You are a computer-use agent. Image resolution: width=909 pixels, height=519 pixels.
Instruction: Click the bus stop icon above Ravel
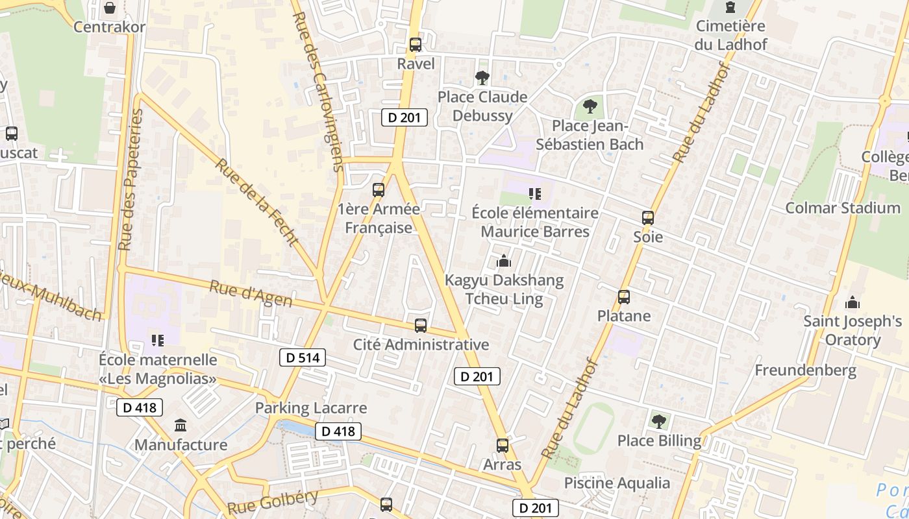pos(416,45)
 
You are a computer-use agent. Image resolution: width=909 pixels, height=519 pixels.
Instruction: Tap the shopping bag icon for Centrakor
pos(110,8)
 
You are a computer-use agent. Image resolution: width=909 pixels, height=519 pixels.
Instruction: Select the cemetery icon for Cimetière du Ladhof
pos(730,8)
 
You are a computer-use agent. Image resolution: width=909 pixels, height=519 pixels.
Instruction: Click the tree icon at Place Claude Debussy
pos(482,78)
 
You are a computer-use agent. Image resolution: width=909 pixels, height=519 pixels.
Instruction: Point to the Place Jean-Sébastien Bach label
pos(590,135)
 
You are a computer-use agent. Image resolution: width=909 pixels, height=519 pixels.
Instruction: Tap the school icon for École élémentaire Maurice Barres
pos(534,193)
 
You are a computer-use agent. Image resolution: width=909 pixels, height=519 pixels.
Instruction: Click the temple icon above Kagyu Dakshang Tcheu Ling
pos(503,261)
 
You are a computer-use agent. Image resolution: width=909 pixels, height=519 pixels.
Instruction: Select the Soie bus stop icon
pos(648,218)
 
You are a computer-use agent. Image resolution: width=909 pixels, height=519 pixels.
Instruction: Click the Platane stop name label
pos(623,316)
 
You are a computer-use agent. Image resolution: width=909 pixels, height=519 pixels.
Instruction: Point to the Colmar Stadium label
pos(843,208)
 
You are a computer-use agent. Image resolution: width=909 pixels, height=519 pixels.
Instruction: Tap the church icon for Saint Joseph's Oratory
pos(853,302)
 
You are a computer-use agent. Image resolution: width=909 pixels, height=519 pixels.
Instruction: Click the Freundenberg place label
pos(805,371)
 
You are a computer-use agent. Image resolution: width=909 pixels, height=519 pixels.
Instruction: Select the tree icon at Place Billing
pos(659,422)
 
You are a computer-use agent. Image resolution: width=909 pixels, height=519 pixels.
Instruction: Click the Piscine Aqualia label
pos(617,483)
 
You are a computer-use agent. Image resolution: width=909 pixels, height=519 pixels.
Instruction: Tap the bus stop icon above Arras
pos(503,446)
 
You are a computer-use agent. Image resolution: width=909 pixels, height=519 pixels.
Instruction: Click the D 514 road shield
pos(303,357)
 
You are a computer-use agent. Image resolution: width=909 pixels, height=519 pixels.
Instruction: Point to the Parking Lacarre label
pos(311,408)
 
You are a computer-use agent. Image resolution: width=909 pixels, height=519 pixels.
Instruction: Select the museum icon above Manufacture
pos(181,426)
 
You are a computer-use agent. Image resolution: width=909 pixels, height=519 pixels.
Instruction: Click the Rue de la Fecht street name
pos(256,202)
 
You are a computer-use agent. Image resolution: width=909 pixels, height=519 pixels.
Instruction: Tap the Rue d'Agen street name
pos(251,293)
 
